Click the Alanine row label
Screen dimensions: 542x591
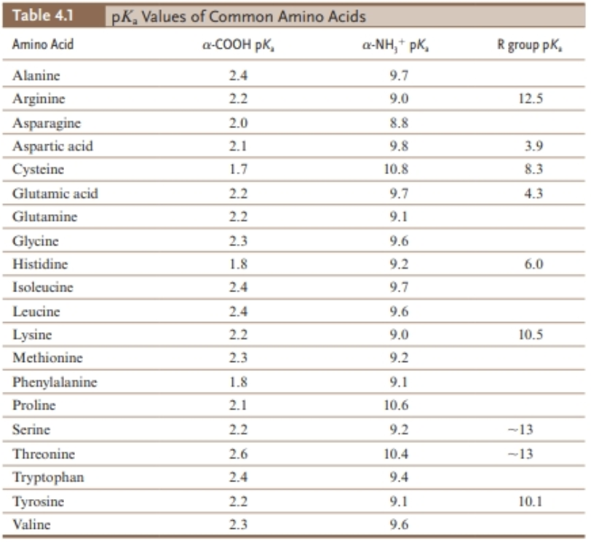coord(37,75)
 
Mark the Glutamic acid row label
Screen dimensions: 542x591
coord(55,194)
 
